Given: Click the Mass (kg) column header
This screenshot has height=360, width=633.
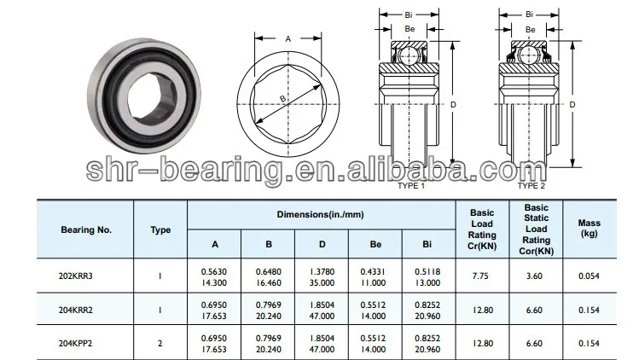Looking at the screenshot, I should (589, 228).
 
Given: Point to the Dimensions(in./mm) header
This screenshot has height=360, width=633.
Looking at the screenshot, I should (322, 214).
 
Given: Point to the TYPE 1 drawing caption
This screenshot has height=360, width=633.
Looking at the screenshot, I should (410, 185).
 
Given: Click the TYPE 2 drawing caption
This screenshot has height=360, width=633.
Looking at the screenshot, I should (531, 185).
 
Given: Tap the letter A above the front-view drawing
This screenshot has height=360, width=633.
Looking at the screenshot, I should (287, 38).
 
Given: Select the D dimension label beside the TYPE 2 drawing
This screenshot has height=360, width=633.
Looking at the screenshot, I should (572, 105).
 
